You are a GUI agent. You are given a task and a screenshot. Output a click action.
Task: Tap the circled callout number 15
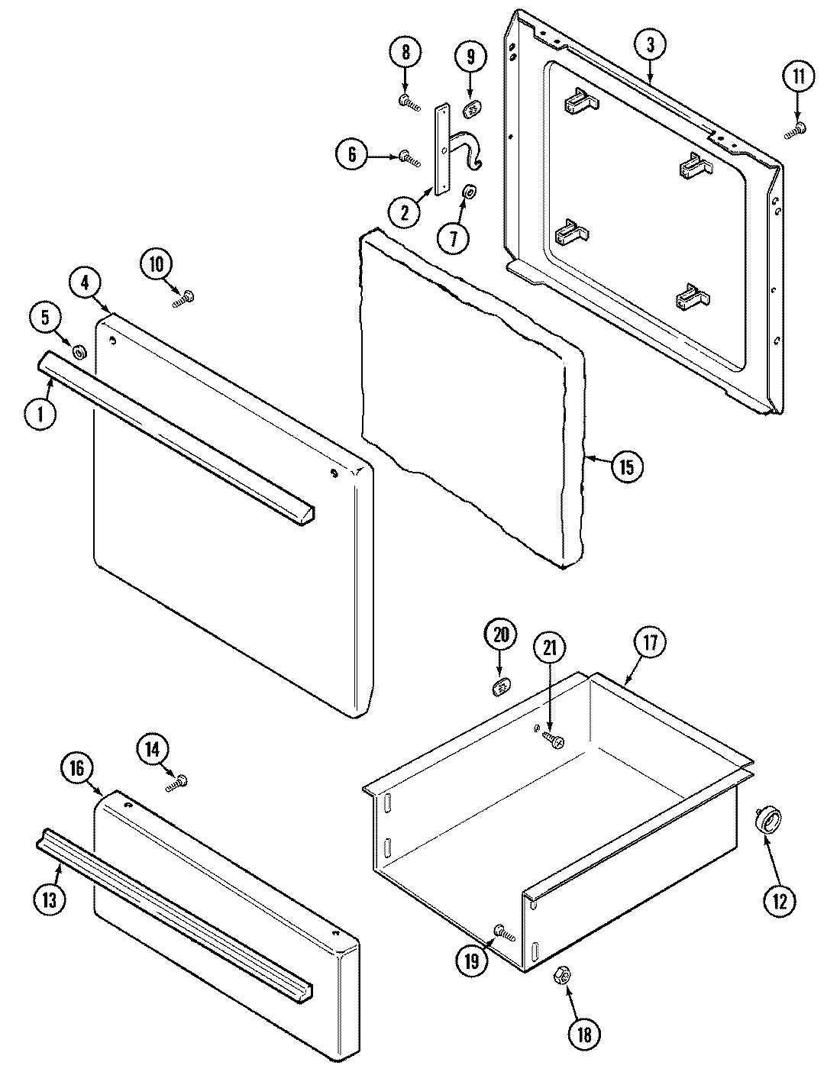[626, 467]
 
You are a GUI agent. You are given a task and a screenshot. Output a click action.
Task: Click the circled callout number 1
[38, 414]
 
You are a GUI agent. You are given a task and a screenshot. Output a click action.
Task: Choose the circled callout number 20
[500, 635]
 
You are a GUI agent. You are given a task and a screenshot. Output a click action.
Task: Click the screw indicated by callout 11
[796, 130]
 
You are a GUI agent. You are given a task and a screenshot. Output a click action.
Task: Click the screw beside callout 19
[504, 932]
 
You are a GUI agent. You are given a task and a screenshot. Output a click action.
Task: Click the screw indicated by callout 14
[177, 782]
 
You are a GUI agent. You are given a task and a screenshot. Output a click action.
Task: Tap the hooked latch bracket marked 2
[451, 149]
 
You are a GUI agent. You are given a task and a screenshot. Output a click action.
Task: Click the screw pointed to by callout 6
[409, 157]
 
